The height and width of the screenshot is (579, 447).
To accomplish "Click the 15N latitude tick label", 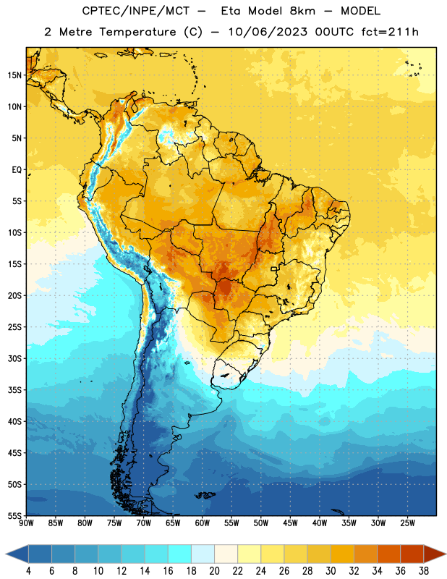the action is (x=14, y=75).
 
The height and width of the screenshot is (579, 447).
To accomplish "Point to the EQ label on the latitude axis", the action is (x=17, y=170).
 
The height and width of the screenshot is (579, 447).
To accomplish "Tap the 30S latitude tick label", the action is (x=14, y=358).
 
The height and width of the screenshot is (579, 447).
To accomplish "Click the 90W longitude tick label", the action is (x=26, y=523).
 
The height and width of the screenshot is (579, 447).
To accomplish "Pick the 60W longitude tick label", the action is (x=203, y=523).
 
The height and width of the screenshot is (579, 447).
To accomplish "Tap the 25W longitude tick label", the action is (x=407, y=523).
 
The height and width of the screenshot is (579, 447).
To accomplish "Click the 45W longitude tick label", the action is (x=290, y=523).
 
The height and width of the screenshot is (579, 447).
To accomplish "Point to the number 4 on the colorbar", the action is (x=28, y=571).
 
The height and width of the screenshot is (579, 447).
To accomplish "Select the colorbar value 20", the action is (x=214, y=571).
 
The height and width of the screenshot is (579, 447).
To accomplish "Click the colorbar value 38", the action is (x=424, y=571).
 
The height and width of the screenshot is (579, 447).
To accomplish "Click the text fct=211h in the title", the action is (x=390, y=32).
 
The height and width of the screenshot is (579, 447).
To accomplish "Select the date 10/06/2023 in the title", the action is (x=268, y=32).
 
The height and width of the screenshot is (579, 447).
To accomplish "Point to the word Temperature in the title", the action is (x=137, y=32).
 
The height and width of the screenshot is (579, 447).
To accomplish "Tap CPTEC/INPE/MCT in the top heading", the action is (x=136, y=11).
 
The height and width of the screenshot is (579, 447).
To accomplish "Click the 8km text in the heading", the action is (x=302, y=11).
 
